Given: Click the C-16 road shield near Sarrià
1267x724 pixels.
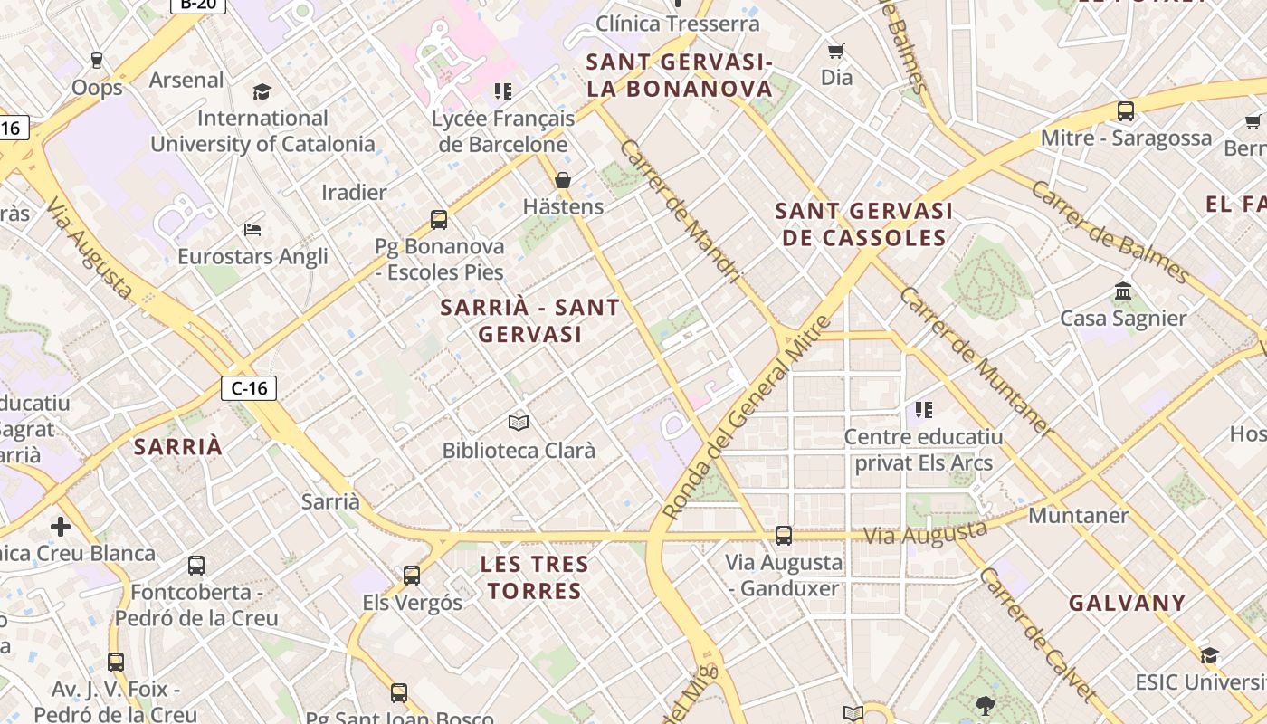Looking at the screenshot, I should point(249,388).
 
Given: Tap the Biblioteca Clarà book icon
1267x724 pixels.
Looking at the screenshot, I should point(519,423).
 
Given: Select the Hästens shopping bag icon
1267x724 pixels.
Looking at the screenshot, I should point(563,180).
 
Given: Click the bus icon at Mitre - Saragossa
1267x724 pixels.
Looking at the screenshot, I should point(1126,111).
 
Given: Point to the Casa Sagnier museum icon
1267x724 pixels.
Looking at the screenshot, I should point(1124,291).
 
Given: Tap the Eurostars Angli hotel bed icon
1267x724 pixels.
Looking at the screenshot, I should point(252,230).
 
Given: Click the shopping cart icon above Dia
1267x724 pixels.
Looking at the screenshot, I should point(836,52).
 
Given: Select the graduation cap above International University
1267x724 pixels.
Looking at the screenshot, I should point(262,91).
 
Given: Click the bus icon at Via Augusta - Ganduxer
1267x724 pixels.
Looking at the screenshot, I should point(784,536).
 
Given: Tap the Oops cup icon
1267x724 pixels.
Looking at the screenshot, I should point(97,61).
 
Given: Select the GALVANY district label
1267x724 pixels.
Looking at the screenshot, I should point(1127,603).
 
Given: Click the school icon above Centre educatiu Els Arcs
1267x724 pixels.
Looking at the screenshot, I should point(923,410).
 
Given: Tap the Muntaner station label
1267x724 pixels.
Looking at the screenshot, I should point(1078,516).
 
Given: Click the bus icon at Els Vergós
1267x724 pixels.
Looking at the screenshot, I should point(412,576).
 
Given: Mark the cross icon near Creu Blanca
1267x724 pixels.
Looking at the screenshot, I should point(61,526).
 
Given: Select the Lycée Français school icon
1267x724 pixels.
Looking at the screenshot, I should point(503,91).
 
